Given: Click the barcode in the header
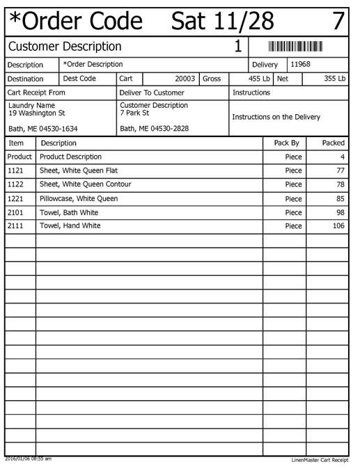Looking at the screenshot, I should [296, 47].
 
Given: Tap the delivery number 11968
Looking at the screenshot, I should [301, 64].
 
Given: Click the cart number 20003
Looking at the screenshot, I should [184, 79].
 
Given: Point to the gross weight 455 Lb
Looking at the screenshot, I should [259, 79].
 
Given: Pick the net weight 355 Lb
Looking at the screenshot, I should [334, 79].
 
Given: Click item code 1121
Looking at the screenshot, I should [15, 170].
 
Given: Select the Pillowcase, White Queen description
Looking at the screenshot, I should [79, 198].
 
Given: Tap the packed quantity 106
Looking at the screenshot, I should [338, 226].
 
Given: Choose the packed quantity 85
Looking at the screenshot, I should [341, 198].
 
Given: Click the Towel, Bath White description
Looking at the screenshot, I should [71, 212].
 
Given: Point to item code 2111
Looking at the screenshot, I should [15, 226].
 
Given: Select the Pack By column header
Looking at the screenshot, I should [286, 143].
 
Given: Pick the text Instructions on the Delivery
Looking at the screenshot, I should [276, 117].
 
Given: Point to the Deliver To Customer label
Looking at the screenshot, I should [152, 92].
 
